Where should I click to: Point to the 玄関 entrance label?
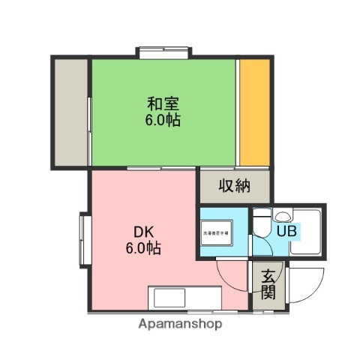tap(267, 284)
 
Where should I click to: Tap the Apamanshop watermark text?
tap(180, 325)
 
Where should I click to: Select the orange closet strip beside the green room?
tap(253, 111)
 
